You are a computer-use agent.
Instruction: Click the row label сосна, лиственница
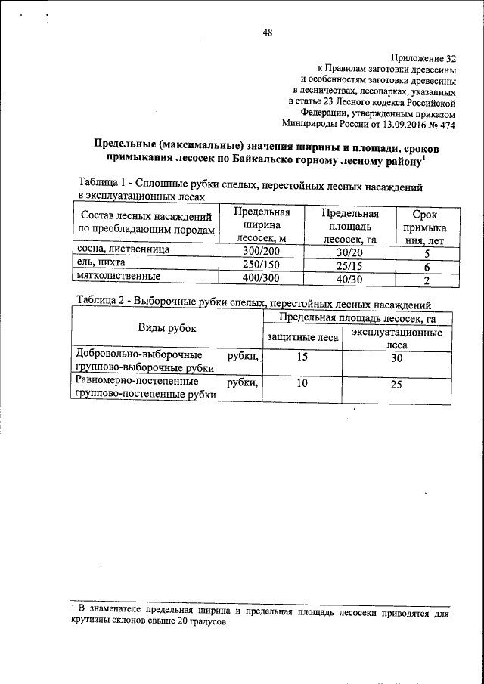pyautogui.click(x=124, y=249)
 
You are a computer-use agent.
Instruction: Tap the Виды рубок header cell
pyautogui.click(x=166, y=328)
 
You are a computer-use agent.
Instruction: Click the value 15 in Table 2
pyautogui.click(x=302, y=357)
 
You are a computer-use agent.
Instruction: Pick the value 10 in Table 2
pyautogui.click(x=302, y=384)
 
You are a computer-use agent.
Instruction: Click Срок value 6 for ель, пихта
pyautogui.click(x=427, y=267)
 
